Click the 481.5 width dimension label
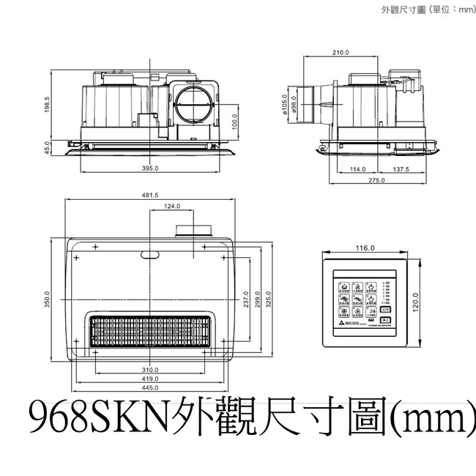point(150,196)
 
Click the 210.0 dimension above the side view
point(340,53)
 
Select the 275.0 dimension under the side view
point(376,180)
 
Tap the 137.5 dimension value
point(401,168)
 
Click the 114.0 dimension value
point(357,168)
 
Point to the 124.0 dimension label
point(172,207)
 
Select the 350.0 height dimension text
point(46,300)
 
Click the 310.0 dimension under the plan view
point(150,369)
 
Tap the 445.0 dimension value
point(150,388)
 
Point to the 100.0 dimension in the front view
point(234,119)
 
